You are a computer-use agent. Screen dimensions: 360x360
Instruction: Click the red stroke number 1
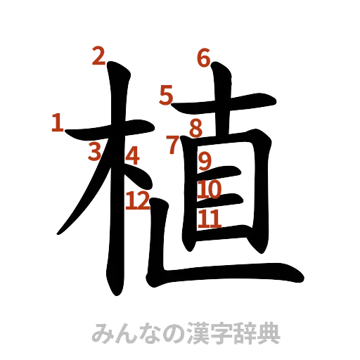(57, 124)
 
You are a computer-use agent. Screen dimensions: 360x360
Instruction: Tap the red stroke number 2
(98, 56)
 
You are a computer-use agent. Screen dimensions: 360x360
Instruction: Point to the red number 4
(132, 155)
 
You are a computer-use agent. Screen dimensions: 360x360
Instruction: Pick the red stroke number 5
(166, 95)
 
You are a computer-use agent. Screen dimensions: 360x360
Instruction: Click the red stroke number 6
(204, 57)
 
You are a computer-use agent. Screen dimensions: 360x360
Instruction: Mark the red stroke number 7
(173, 146)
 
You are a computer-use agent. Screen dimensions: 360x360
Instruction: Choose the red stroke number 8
(195, 128)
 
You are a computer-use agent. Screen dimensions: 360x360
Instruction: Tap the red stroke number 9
(205, 162)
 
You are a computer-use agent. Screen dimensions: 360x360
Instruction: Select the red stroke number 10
(210, 189)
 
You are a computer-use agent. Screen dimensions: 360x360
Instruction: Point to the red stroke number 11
(209, 219)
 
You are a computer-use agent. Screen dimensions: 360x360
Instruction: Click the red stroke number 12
(138, 202)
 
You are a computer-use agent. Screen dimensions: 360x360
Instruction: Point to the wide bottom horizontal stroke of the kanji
(232, 277)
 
